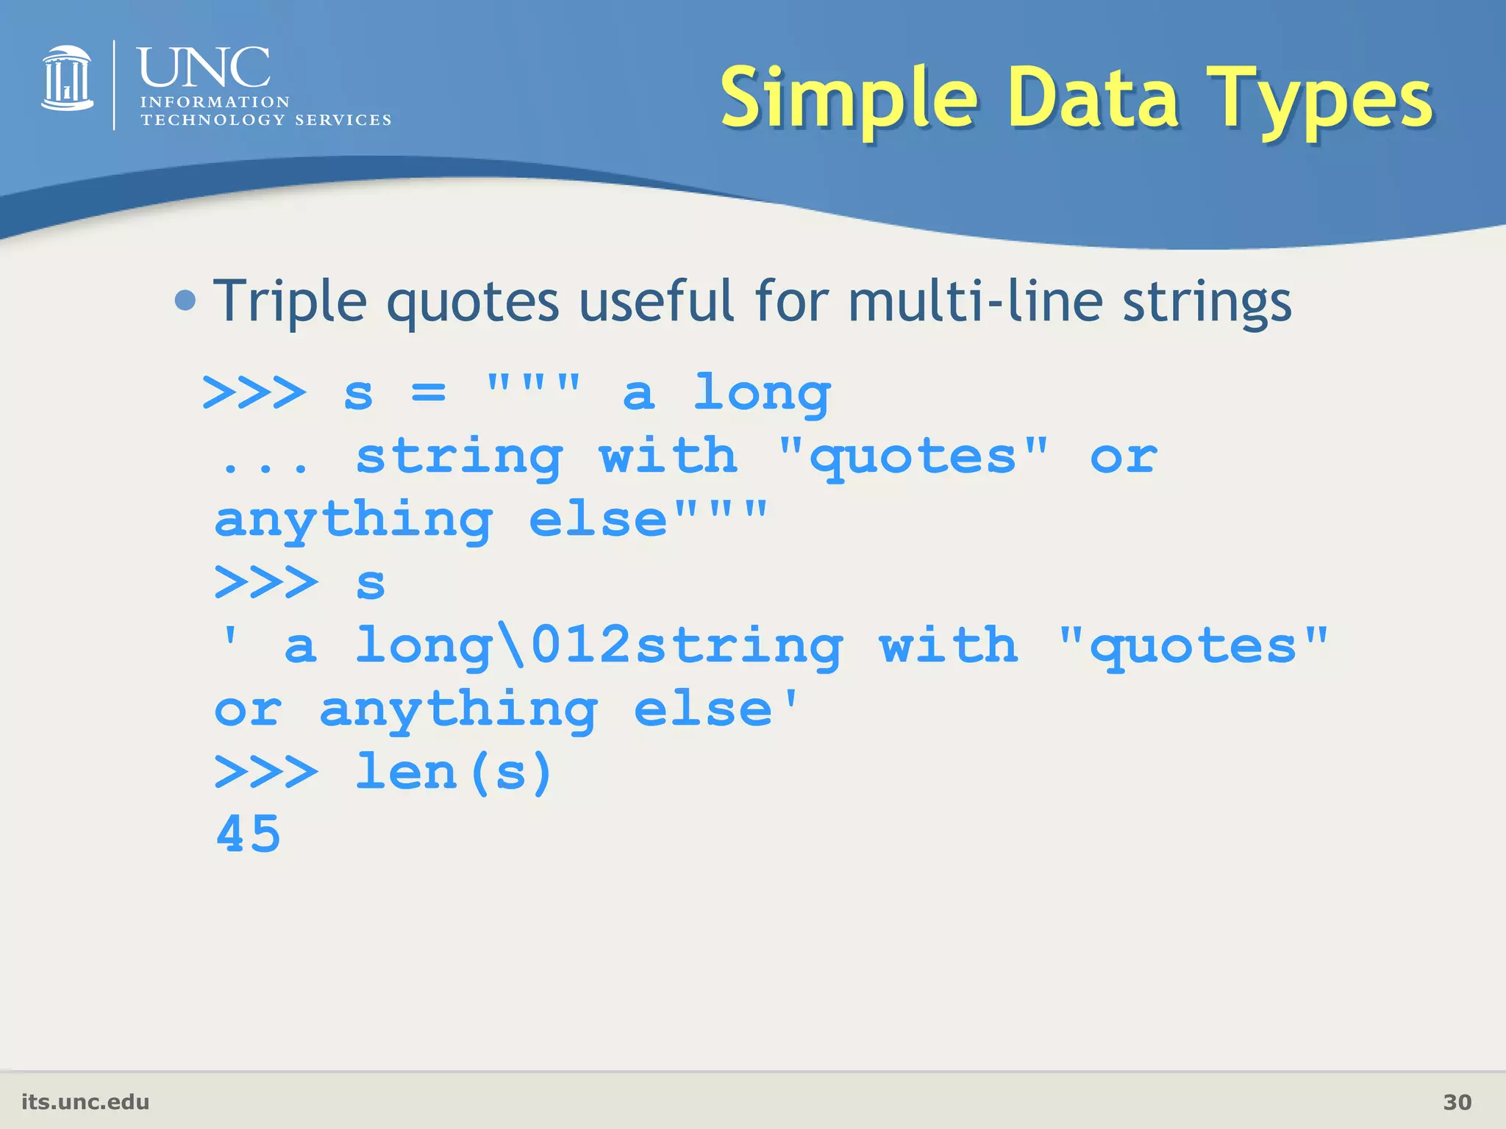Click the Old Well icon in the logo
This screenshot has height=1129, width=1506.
click(x=67, y=79)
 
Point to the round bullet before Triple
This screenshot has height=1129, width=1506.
click(x=186, y=300)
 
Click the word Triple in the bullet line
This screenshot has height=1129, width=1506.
click(x=290, y=301)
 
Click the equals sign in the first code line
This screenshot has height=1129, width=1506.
click(x=429, y=393)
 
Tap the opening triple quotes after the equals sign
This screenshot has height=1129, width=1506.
click(x=534, y=382)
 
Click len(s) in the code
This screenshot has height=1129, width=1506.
click(x=454, y=773)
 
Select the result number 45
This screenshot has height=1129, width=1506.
click(x=249, y=835)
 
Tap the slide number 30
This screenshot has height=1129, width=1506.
click(x=1457, y=1102)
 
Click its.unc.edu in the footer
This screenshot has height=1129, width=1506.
click(x=85, y=1102)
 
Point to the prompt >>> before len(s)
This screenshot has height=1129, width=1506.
click(x=266, y=773)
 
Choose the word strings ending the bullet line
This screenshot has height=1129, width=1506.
click(x=1207, y=301)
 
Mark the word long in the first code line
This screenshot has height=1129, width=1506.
click(x=762, y=393)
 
